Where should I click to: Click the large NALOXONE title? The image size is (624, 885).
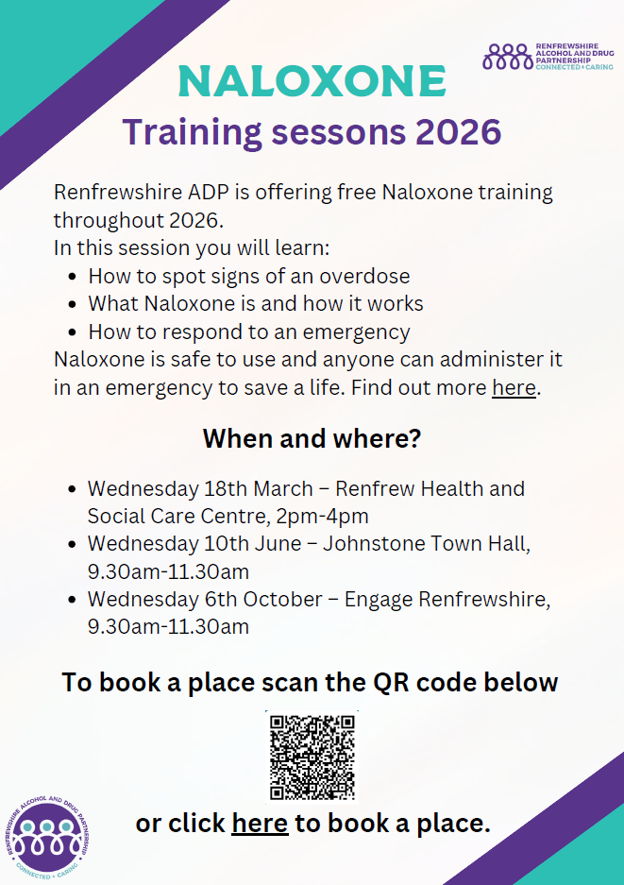click(312, 81)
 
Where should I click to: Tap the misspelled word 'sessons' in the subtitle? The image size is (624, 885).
click(339, 131)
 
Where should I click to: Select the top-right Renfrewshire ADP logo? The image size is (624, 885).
click(548, 57)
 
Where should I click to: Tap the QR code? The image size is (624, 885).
click(312, 757)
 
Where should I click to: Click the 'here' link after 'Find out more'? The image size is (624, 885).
click(514, 388)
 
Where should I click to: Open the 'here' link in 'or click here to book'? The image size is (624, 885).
click(261, 824)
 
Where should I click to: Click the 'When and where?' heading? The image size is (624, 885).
click(312, 438)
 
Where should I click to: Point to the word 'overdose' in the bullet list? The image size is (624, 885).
click(364, 276)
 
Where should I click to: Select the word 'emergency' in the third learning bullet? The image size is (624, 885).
click(356, 332)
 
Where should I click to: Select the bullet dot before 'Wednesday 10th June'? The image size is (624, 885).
click(72, 544)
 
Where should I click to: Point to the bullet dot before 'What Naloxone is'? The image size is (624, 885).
click(72, 304)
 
